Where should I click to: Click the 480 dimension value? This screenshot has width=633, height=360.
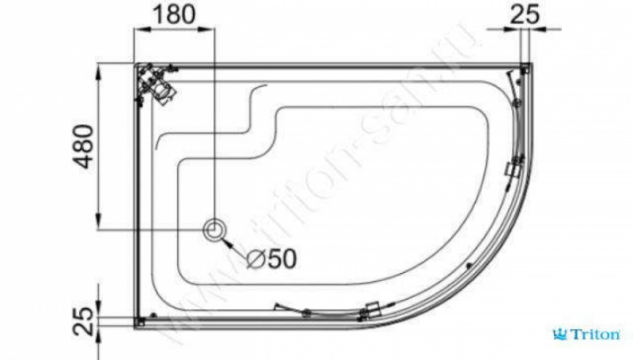pos(84,146)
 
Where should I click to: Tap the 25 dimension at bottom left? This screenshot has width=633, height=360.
pos(84,322)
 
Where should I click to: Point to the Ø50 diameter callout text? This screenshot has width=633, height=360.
pos(271,259)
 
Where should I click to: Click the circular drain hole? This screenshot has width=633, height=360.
pos(214,230)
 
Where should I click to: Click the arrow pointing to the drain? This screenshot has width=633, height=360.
pos(233,247)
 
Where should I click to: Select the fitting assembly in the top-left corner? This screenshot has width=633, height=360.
pos(156,84)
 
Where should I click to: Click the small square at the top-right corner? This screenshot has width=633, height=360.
pos(525,69)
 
